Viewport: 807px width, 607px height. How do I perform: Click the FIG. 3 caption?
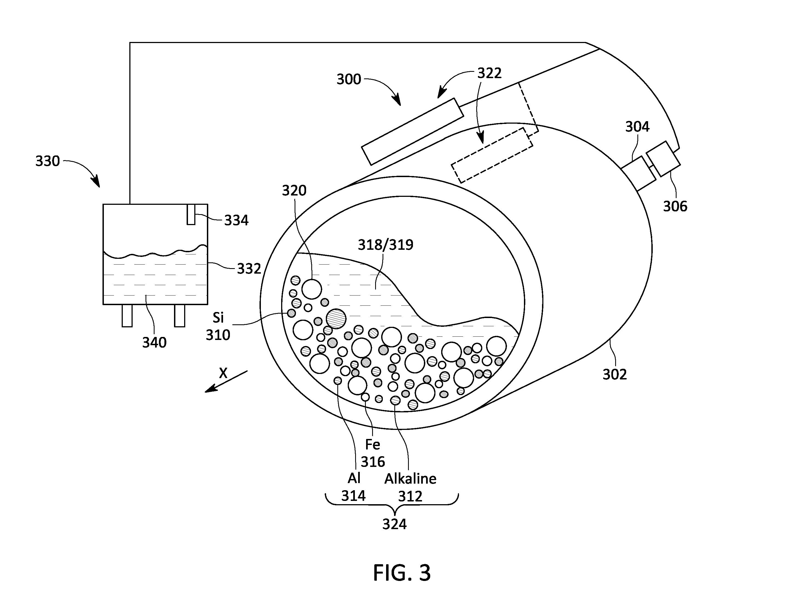402,573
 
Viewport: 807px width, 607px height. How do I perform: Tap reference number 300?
349,79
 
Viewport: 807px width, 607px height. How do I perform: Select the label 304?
637,127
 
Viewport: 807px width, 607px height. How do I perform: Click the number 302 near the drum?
615,375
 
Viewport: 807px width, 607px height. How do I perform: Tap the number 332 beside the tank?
249,269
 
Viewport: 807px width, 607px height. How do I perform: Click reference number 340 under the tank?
154,342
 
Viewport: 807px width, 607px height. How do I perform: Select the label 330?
47,161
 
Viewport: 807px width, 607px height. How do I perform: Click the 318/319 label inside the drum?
386,245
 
